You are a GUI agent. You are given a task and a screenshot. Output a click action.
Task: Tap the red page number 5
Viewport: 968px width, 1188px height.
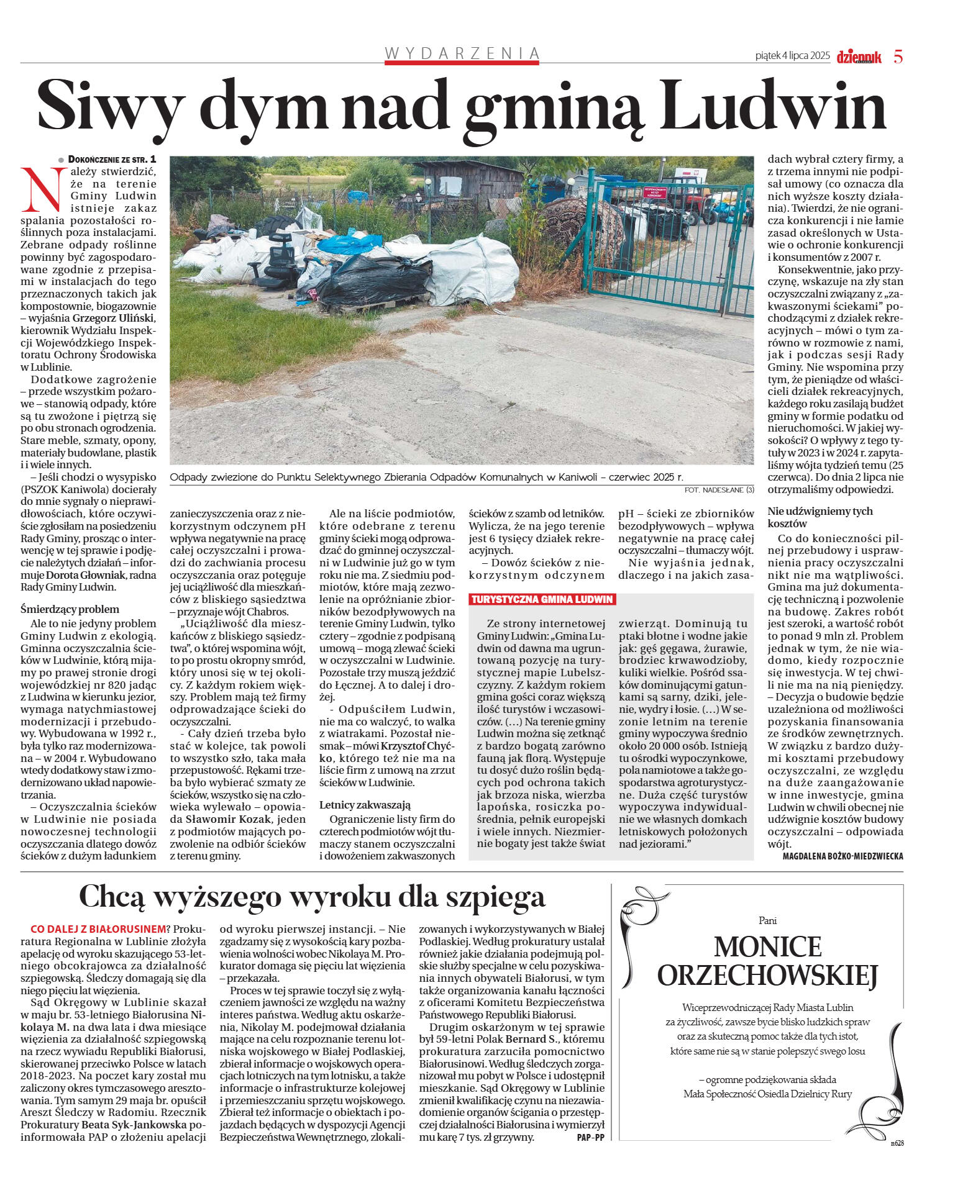[x=898, y=57]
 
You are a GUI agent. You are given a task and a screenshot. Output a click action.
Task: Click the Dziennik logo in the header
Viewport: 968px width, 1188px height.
[x=859, y=57]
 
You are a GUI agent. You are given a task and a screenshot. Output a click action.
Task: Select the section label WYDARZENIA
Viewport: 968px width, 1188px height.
[x=462, y=53]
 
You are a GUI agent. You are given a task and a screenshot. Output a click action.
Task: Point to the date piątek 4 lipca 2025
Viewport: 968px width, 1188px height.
[x=792, y=56]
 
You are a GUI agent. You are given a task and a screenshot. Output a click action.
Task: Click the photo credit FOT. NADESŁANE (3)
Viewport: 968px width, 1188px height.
[x=718, y=490]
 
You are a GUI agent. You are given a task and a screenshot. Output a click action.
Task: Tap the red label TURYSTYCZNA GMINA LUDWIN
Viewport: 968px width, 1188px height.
[x=542, y=599]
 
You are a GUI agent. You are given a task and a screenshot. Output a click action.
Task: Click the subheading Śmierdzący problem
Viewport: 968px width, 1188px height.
[x=70, y=609]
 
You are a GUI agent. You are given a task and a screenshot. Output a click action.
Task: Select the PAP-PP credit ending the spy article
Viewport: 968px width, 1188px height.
[x=590, y=1138]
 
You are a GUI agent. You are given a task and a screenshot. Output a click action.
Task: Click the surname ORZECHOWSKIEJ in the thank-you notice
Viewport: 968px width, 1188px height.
[x=767, y=976]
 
